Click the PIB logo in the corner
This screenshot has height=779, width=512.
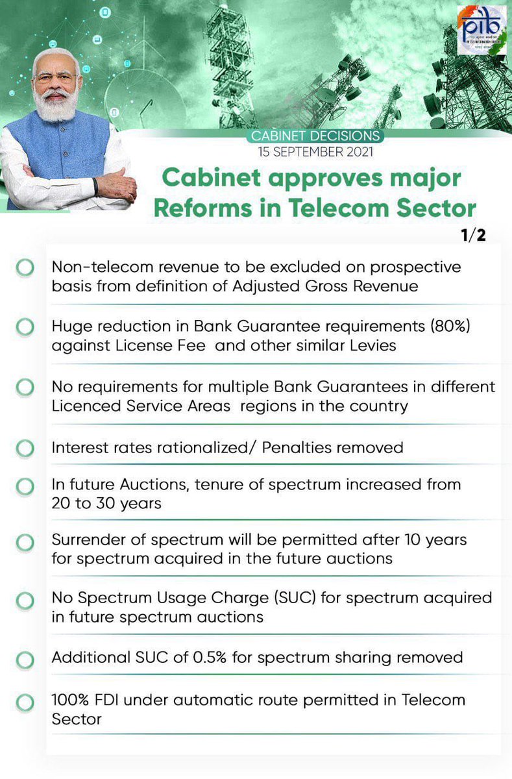click(482, 30)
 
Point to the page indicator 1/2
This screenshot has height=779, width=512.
click(473, 234)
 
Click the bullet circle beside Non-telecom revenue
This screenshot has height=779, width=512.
click(25, 267)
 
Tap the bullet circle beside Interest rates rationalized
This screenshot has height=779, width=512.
click(25, 448)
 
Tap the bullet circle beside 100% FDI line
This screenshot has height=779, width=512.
click(25, 702)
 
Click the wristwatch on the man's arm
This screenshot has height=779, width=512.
click(95, 186)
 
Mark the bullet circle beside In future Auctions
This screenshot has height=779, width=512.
click(25, 486)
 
